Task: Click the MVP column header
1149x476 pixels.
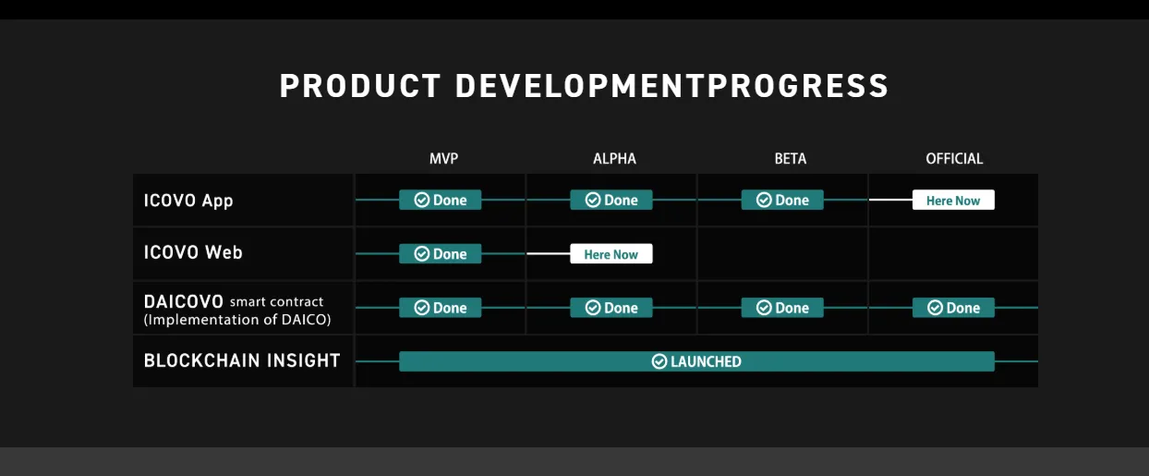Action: click(x=443, y=159)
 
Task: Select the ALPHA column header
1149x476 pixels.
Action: click(x=614, y=159)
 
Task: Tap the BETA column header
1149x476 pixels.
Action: click(x=790, y=159)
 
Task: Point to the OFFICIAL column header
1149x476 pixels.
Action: click(x=954, y=159)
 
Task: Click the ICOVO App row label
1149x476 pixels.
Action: click(x=188, y=201)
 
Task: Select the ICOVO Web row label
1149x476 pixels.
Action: click(x=193, y=252)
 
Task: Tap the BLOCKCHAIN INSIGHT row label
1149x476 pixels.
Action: click(x=242, y=360)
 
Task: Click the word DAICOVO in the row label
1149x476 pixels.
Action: click(x=184, y=301)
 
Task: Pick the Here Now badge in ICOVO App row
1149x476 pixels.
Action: click(x=953, y=200)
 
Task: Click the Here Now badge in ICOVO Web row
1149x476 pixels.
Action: click(x=611, y=253)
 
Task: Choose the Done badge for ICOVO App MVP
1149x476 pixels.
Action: click(x=440, y=200)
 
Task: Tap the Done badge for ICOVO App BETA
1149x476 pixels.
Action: click(x=782, y=200)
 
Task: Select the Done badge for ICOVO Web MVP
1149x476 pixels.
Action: click(x=440, y=253)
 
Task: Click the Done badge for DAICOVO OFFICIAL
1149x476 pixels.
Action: click(x=953, y=308)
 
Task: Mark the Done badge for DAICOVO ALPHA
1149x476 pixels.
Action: click(x=611, y=308)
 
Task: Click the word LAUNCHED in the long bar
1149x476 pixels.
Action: click(x=706, y=361)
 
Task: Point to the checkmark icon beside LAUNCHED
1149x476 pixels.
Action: click(x=659, y=361)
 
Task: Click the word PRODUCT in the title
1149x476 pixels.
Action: click(x=360, y=86)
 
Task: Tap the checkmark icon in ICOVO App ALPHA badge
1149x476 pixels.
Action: click(x=593, y=200)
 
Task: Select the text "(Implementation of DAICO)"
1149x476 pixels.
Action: click(x=237, y=320)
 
